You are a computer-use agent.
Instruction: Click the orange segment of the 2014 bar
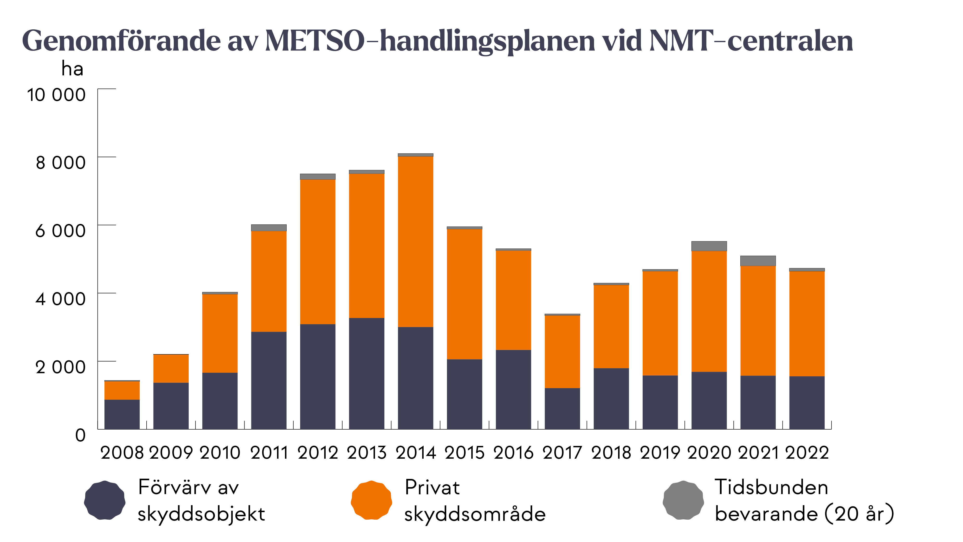(x=415, y=241)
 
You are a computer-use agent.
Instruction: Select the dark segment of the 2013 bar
(x=366, y=373)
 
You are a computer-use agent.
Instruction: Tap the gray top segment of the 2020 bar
(x=709, y=246)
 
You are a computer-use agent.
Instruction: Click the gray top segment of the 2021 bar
(x=758, y=261)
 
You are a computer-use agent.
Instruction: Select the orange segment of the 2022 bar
(x=807, y=324)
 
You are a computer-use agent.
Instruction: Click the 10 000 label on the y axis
(x=56, y=95)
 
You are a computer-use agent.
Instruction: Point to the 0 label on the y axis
(x=80, y=435)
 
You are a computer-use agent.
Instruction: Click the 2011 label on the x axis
(x=269, y=453)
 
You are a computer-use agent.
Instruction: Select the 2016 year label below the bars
(x=513, y=453)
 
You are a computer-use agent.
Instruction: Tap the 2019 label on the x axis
(x=660, y=453)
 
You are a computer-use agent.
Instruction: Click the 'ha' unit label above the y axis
(x=72, y=69)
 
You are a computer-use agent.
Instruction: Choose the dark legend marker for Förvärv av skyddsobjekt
(x=105, y=500)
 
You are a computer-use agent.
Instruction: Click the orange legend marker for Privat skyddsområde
(x=371, y=500)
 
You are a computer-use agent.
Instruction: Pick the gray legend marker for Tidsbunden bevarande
(x=683, y=500)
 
